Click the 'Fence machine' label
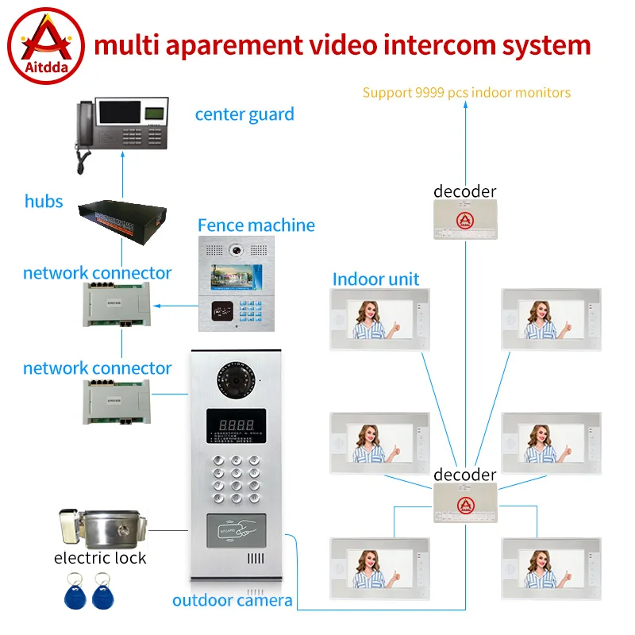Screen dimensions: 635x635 click(x=256, y=225)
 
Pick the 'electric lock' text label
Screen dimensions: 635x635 click(x=100, y=558)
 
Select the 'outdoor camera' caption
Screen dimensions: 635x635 click(x=232, y=601)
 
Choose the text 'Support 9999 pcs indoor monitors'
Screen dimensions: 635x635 click(x=467, y=93)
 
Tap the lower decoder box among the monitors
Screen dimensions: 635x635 click(x=464, y=503)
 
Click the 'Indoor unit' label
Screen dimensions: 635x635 click(x=375, y=279)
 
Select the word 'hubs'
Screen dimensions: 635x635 click(x=44, y=202)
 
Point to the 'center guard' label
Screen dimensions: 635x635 click(x=244, y=114)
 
